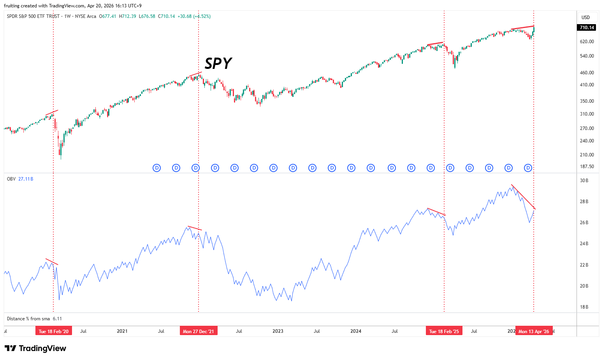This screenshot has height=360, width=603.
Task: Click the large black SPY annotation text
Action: [x=218, y=63]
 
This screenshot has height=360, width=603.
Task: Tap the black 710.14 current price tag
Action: [x=587, y=27]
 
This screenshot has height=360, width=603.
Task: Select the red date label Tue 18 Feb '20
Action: [x=54, y=331]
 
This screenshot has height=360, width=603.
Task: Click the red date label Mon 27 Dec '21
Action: [x=199, y=331]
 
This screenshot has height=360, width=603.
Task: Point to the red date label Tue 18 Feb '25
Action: [x=444, y=331]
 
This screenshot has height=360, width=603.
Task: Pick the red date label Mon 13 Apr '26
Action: [x=534, y=331]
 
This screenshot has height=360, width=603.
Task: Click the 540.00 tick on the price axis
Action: [x=587, y=56]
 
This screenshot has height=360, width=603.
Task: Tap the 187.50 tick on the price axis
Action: [x=587, y=167]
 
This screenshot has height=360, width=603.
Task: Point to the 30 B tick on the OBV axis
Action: [x=584, y=181]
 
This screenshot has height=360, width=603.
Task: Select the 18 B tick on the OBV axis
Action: [x=584, y=307]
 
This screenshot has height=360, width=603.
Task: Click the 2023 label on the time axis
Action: [x=278, y=331]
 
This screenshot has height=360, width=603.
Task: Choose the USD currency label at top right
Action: [x=585, y=18]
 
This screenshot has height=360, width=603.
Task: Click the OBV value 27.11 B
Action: [x=26, y=179]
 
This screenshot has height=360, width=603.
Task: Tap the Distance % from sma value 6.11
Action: [x=57, y=319]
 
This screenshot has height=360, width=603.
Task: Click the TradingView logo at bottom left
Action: [x=35, y=348]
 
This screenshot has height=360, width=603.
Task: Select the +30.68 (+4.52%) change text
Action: [x=194, y=16]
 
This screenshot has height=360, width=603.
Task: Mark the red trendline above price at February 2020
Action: [x=52, y=112]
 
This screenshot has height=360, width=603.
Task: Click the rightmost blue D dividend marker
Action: [x=528, y=168]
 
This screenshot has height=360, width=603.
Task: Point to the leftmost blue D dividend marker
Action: [x=157, y=168]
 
